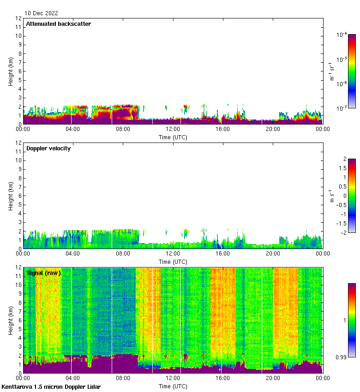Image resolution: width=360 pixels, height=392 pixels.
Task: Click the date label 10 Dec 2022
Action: click(x=42, y=13)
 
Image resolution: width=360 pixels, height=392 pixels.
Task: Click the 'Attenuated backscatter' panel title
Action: click(x=59, y=24)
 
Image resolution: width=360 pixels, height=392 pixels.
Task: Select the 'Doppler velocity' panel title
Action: click(x=48, y=148)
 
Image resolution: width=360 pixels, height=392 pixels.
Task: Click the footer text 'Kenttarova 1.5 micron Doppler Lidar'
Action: click(x=51, y=387)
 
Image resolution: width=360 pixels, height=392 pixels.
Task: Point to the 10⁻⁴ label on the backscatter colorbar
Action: click(x=342, y=35)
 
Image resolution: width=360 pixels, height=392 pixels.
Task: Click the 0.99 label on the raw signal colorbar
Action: click(x=341, y=357)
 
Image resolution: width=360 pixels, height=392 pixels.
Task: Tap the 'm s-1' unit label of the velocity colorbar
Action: click(x=332, y=196)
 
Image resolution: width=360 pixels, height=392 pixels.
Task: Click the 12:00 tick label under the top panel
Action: click(x=173, y=130)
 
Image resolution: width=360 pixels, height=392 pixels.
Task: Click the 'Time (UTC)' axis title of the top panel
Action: click(x=173, y=137)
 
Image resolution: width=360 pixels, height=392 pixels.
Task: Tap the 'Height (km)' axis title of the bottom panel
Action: click(x=10, y=320)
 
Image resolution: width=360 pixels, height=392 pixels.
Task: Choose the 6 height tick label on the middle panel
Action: click(x=20, y=196)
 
